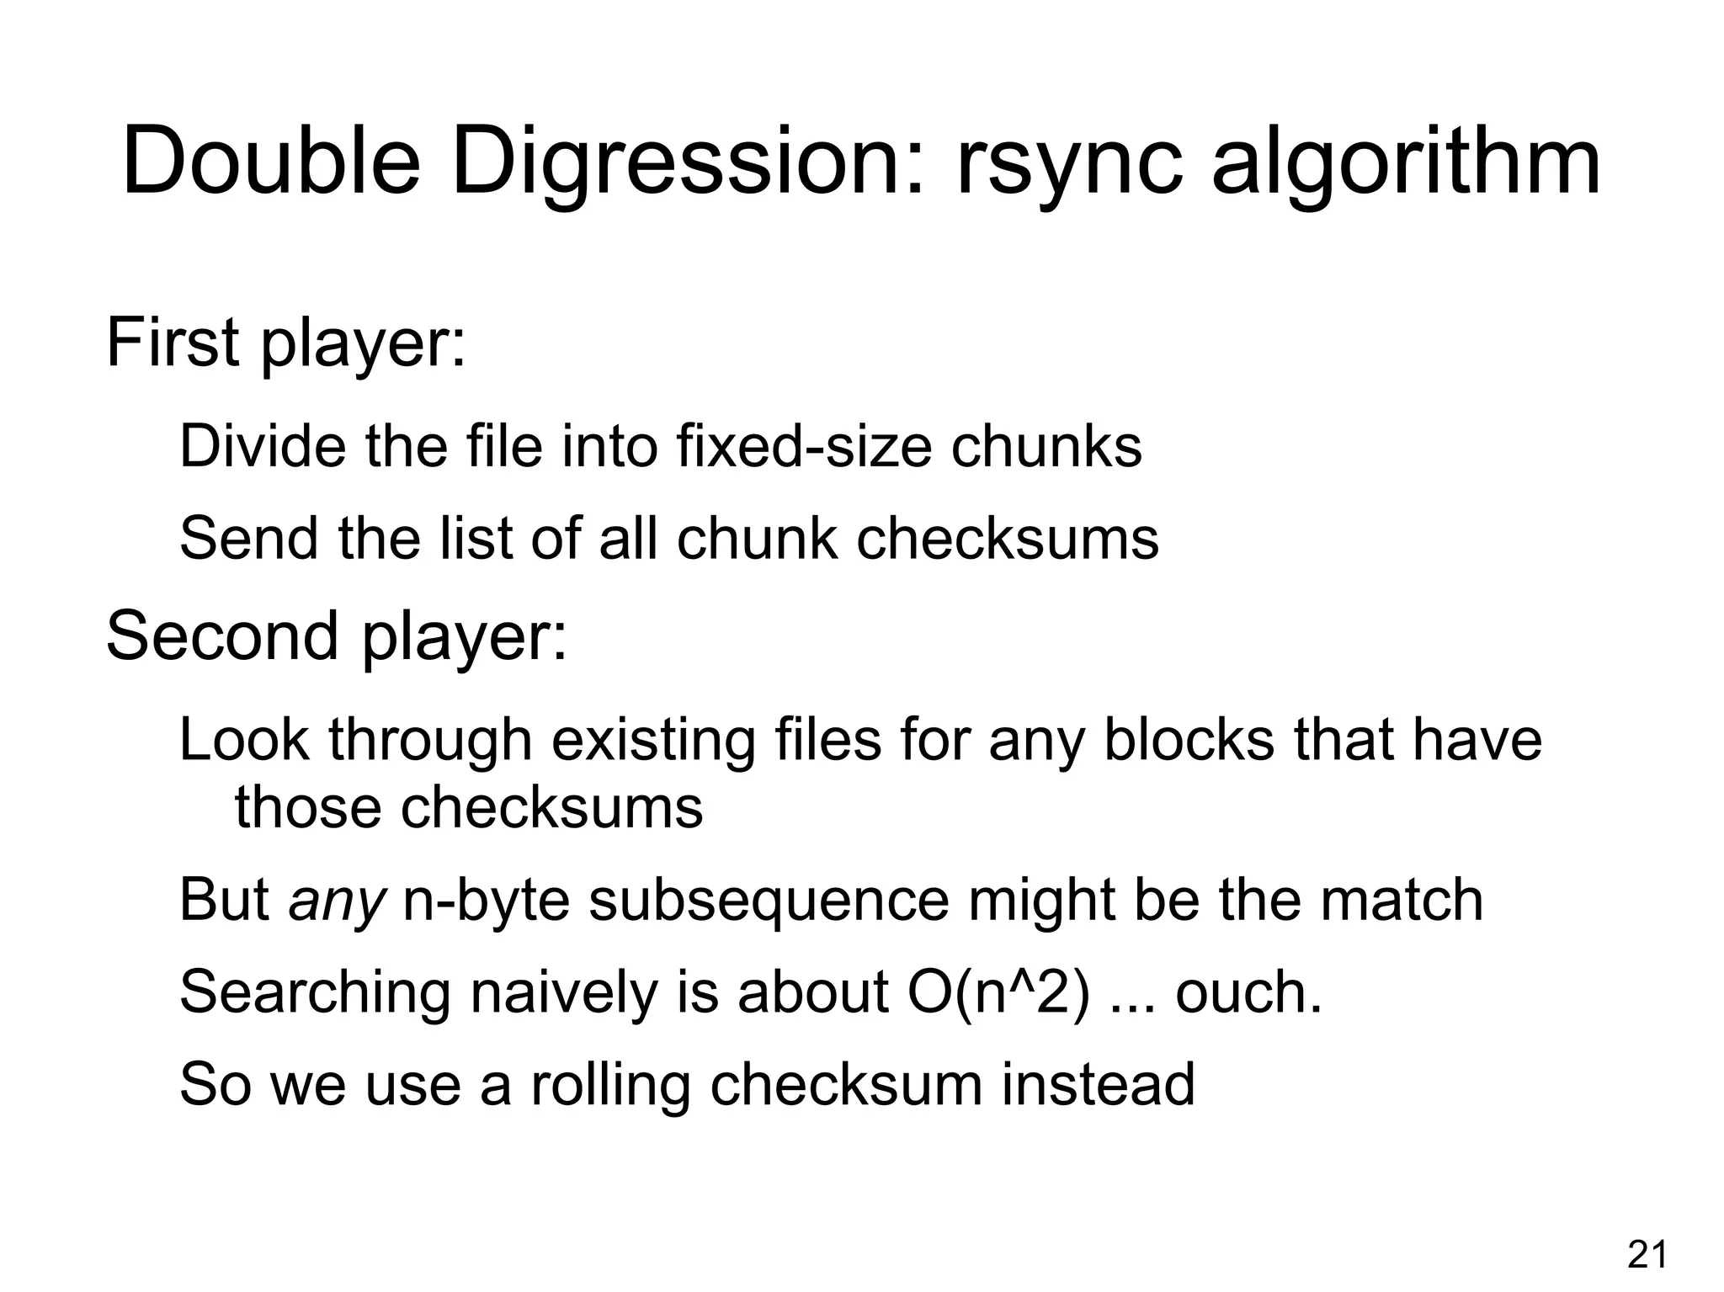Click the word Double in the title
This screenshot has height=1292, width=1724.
[x=271, y=162]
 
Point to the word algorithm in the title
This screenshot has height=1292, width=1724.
[x=1405, y=162]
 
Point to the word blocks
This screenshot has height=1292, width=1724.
[x=1189, y=741]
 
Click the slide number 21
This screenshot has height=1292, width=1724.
[x=1647, y=1255]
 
